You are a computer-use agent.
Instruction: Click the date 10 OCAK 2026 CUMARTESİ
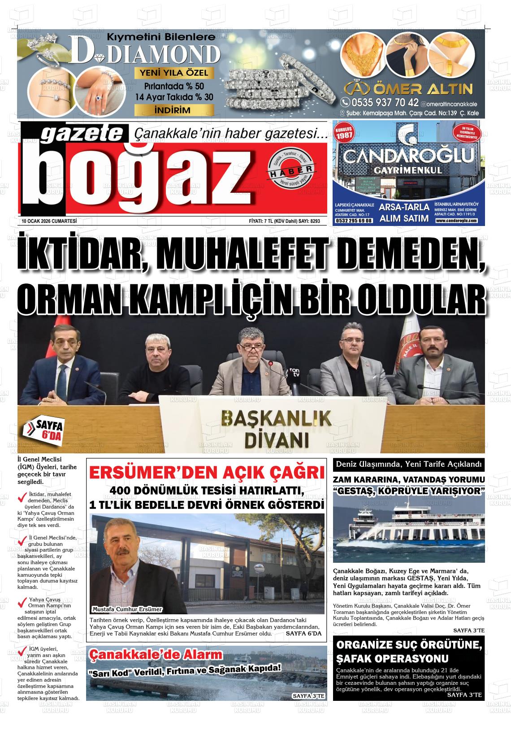[49, 221]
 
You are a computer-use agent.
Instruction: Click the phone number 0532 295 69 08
[354, 221]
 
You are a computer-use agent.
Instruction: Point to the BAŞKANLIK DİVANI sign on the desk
[276, 428]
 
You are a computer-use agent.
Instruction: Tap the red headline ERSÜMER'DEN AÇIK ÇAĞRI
[207, 473]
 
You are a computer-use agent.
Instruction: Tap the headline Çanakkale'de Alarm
[156, 654]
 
